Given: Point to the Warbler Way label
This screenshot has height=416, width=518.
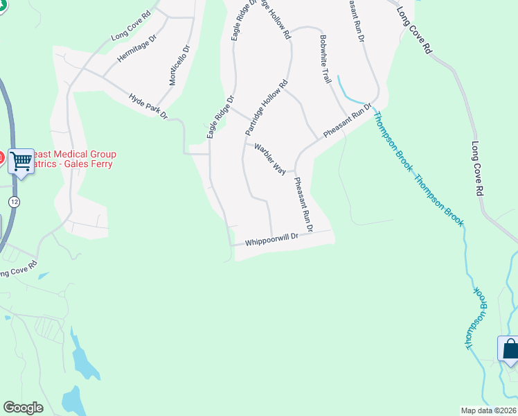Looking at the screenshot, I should [x=270, y=158].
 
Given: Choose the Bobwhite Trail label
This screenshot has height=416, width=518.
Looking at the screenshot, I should [x=325, y=59].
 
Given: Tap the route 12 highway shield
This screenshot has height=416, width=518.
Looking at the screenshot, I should [x=13, y=201].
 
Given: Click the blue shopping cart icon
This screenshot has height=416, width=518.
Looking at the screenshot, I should [x=21, y=161].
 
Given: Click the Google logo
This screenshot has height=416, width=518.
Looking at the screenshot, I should [x=23, y=408].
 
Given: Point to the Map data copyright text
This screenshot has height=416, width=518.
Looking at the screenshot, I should [x=489, y=410].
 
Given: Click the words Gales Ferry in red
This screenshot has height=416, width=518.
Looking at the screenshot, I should [x=88, y=164].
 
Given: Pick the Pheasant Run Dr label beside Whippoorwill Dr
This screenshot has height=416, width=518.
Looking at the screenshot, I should [x=304, y=205].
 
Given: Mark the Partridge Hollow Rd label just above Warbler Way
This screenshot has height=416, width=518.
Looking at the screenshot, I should [x=266, y=108].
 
